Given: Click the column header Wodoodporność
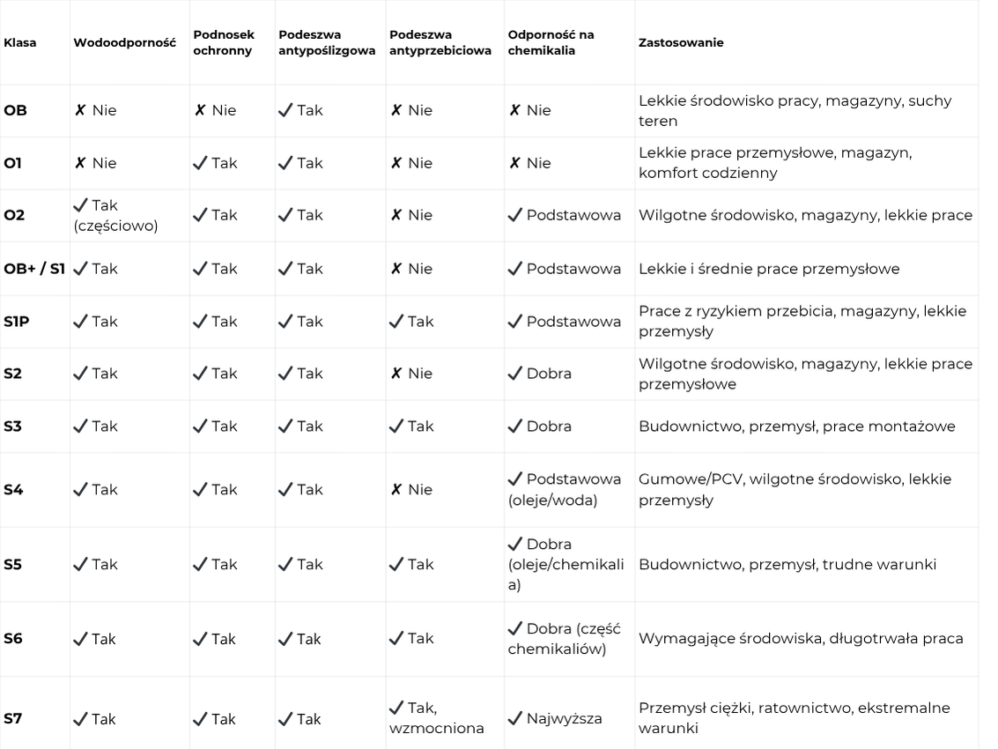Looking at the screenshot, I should pyautogui.click(x=124, y=42).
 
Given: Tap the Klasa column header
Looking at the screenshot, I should pyautogui.click(x=20, y=42).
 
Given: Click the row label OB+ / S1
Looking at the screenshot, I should pyautogui.click(x=34, y=269).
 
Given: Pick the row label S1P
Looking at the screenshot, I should pyautogui.click(x=17, y=322).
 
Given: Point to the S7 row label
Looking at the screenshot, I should pyautogui.click(x=13, y=719).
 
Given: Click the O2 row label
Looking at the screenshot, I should pyautogui.click(x=14, y=215).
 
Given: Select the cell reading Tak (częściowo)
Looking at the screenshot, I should pyautogui.click(x=115, y=215).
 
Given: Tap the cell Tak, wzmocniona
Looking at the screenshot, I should pyautogui.click(x=437, y=718).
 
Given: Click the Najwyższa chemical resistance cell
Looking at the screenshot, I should pyautogui.click(x=556, y=719).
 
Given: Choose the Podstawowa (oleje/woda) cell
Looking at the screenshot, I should pyautogui.click(x=565, y=490).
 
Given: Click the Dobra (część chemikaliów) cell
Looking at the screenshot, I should pyautogui.click(x=565, y=639).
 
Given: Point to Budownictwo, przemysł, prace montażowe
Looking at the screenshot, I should pyautogui.click(x=796, y=426).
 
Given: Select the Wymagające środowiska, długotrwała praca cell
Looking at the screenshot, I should pyautogui.click(x=801, y=639).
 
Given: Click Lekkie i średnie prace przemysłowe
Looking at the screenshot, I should pyautogui.click(x=769, y=269).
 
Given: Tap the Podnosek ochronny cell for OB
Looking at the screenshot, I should pyautogui.click(x=215, y=111).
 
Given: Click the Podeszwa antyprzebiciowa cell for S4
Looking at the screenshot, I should pyautogui.click(x=411, y=490).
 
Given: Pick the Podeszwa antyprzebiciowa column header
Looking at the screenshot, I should pyautogui.click(x=440, y=42).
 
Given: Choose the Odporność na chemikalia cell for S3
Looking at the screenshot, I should pyautogui.click(x=540, y=426).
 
